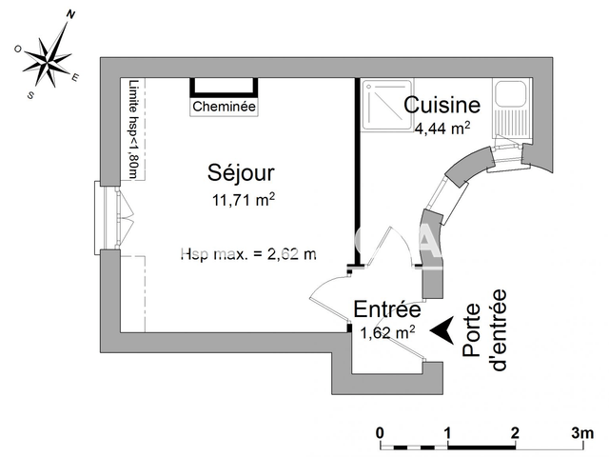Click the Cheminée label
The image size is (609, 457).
pos(225,108)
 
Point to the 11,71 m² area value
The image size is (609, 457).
pos(244,199)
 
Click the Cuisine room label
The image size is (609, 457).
pos(442,105)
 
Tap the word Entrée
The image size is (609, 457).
pos(386,309)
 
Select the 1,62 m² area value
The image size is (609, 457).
pos(386,332)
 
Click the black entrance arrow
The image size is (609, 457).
pos(440,329)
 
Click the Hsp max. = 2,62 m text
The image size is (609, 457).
pos(248,253)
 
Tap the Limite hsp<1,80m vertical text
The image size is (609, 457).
pos(133,129)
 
